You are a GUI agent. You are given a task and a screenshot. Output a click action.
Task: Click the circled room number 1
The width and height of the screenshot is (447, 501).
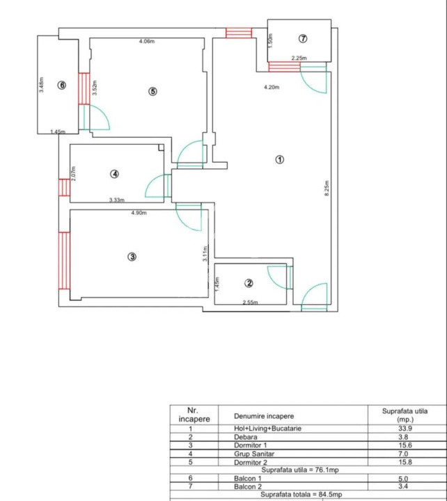click(280, 159)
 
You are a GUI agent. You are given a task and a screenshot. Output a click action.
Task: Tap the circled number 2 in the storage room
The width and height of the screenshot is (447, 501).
click(249, 283)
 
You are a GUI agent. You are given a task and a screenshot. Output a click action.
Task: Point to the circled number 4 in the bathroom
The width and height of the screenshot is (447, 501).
click(115, 174)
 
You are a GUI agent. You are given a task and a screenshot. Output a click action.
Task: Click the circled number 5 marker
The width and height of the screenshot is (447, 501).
click(153, 91)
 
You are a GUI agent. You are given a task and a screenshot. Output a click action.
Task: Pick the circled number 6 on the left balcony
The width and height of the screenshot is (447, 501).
click(62, 85)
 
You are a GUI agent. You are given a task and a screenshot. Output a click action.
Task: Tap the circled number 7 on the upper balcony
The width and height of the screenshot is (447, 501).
click(303, 39)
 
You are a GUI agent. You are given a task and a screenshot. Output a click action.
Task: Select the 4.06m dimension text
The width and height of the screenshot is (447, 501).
click(146, 42)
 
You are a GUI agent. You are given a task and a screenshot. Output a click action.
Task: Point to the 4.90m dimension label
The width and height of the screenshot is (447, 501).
click(139, 213)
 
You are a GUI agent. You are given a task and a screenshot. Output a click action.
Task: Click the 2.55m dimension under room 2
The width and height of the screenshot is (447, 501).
click(250, 302)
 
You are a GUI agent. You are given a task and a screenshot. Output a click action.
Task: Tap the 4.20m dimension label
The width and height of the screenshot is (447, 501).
click(271, 88)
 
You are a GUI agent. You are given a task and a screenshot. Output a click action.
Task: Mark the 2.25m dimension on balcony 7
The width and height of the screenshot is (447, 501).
click(299, 58)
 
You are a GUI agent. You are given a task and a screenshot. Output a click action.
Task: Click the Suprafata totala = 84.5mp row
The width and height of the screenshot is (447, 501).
click(306, 495)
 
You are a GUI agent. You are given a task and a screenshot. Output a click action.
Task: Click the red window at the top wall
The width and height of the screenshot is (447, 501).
click(238, 33)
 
